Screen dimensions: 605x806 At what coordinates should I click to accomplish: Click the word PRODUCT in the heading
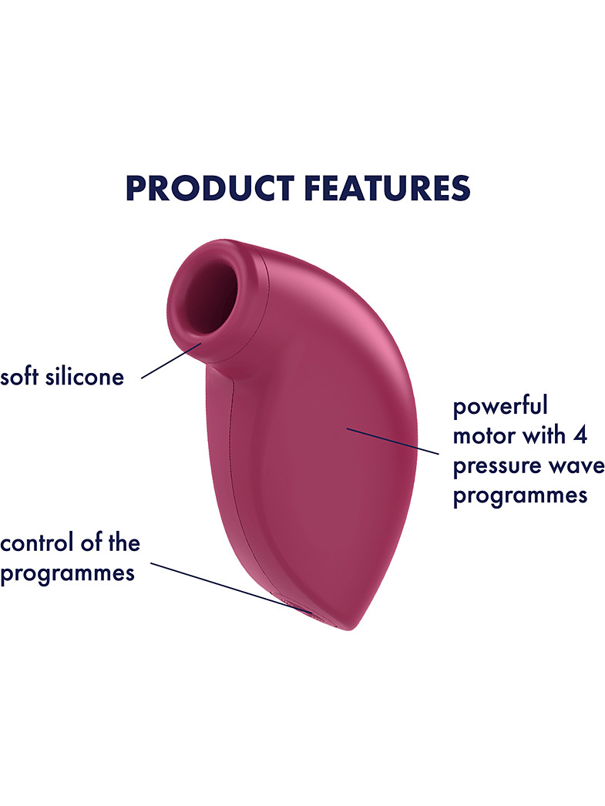tap(210, 188)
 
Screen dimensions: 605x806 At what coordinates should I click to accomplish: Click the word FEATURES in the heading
tap(387, 188)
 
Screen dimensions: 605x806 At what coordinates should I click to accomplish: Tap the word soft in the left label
tap(19, 376)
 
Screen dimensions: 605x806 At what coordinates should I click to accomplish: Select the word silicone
tap(85, 376)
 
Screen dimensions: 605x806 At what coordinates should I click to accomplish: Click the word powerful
tap(500, 406)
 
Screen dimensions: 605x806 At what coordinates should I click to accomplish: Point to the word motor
tap(484, 436)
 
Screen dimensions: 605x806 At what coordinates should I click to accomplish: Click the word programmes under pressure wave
tap(519, 496)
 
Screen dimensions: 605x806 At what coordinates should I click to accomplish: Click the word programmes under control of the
tap(67, 573)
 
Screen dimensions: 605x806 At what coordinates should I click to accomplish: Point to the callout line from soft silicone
tap(172, 361)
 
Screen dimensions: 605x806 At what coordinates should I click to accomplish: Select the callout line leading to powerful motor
tap(392, 441)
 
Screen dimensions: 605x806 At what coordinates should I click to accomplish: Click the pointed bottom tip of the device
tap(350, 630)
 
